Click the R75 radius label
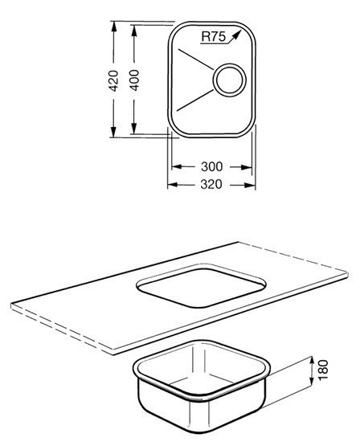pos(214,37)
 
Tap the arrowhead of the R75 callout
pos(237,35)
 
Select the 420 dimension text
pos(113,80)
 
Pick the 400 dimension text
pos(134,80)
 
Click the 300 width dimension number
pos(211,167)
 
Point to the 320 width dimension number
pos(211,185)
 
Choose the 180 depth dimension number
pos(323,370)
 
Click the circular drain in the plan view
pos(229,80)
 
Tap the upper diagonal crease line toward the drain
pos(195,59)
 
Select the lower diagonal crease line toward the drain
pos(194,100)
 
